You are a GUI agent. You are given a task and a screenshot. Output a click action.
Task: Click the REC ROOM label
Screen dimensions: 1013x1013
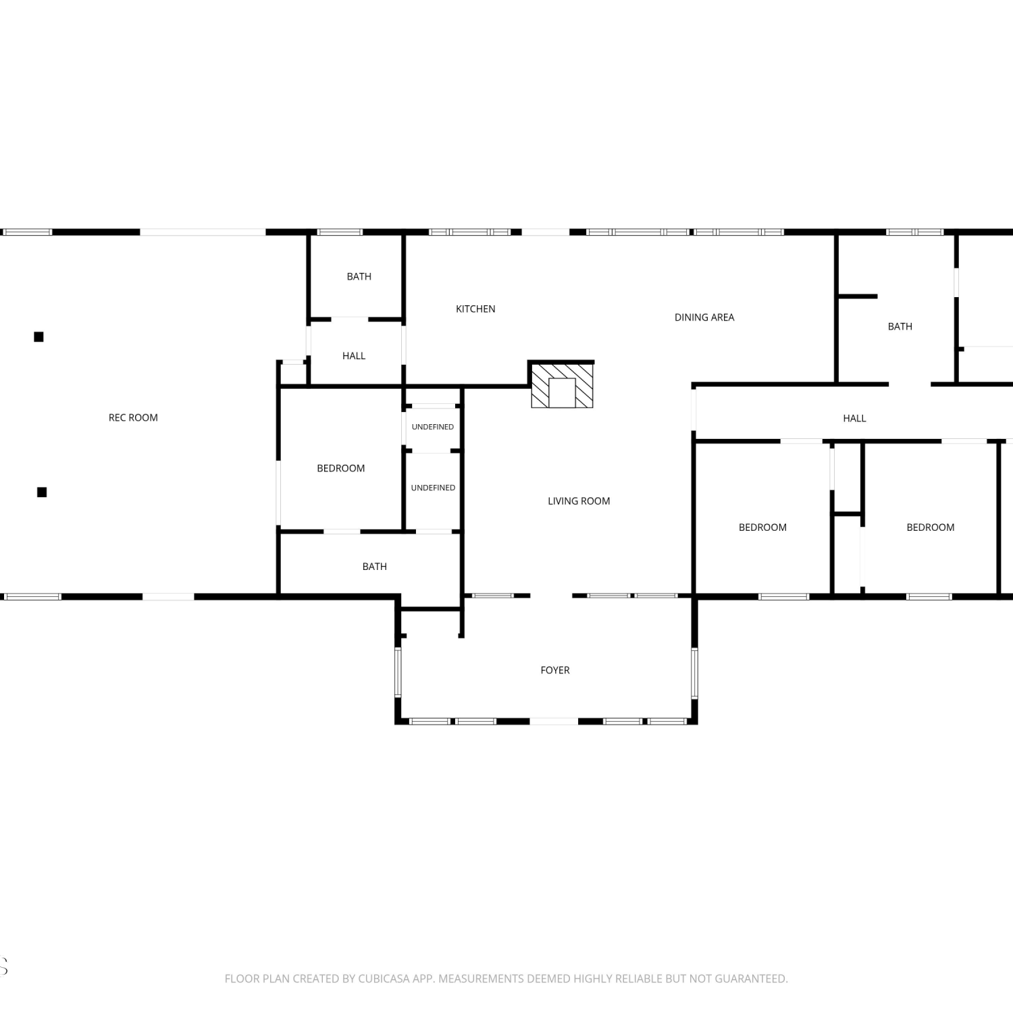point(133,417)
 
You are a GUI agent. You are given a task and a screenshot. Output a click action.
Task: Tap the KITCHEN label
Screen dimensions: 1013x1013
point(475,309)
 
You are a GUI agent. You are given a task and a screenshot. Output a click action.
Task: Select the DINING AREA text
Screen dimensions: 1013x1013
point(704,317)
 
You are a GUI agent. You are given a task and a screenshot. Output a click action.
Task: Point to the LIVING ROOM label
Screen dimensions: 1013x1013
point(579,501)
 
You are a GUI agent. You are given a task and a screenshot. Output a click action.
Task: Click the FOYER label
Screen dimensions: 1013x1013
point(555,670)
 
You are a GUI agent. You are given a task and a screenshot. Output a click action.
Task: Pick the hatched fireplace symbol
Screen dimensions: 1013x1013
point(562,386)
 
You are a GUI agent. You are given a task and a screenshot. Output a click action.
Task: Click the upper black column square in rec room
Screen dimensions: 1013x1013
point(39,336)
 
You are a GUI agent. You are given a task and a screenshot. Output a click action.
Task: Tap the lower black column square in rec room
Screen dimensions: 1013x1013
point(42,492)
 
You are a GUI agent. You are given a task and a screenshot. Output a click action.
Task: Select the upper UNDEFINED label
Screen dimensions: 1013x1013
point(433,427)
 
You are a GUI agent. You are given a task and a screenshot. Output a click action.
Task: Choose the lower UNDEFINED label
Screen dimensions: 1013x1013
point(433,488)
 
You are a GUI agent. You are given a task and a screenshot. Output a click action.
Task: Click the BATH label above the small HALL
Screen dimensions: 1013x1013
point(359,276)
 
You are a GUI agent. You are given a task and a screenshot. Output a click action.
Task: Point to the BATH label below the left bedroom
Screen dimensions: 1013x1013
point(375,567)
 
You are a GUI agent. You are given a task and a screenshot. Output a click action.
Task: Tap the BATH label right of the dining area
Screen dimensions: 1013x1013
point(900,326)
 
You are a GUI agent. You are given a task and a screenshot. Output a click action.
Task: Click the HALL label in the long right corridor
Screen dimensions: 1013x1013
point(854,418)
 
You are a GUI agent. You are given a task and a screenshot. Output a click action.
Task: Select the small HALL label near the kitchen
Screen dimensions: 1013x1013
point(354,356)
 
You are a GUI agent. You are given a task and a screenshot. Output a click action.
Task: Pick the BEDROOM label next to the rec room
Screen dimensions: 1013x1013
point(341,468)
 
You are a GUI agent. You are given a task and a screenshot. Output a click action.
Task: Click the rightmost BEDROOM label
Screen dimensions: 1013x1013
point(931,527)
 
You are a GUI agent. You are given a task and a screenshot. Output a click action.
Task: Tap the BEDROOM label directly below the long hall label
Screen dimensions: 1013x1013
point(762,527)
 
